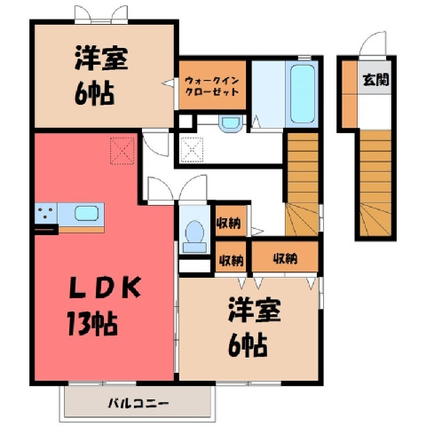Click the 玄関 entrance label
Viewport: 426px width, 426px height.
click(375, 80)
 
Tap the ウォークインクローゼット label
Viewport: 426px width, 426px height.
click(212, 86)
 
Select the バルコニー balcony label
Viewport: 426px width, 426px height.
click(138, 403)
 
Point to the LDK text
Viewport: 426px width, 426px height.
click(105, 288)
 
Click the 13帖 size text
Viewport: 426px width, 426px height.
click(92, 324)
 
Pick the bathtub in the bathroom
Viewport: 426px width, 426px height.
click(302, 94)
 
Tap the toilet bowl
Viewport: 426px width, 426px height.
click(194, 237)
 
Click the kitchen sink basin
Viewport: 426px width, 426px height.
click(86, 213)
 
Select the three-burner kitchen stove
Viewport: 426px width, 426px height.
click(46, 213)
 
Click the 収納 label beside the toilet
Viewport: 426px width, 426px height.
click(228, 224)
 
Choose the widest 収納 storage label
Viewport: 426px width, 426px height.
click(285, 258)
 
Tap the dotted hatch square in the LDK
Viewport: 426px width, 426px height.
click(122, 151)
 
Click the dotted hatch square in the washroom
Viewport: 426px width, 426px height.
click(192, 150)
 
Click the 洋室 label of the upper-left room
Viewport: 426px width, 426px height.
click(101, 58)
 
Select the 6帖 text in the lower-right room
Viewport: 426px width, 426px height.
click(248, 345)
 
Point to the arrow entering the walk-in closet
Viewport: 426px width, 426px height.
click(169, 83)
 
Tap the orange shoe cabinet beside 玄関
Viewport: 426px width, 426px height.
click(350, 94)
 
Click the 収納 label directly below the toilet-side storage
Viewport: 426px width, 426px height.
click(231, 260)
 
